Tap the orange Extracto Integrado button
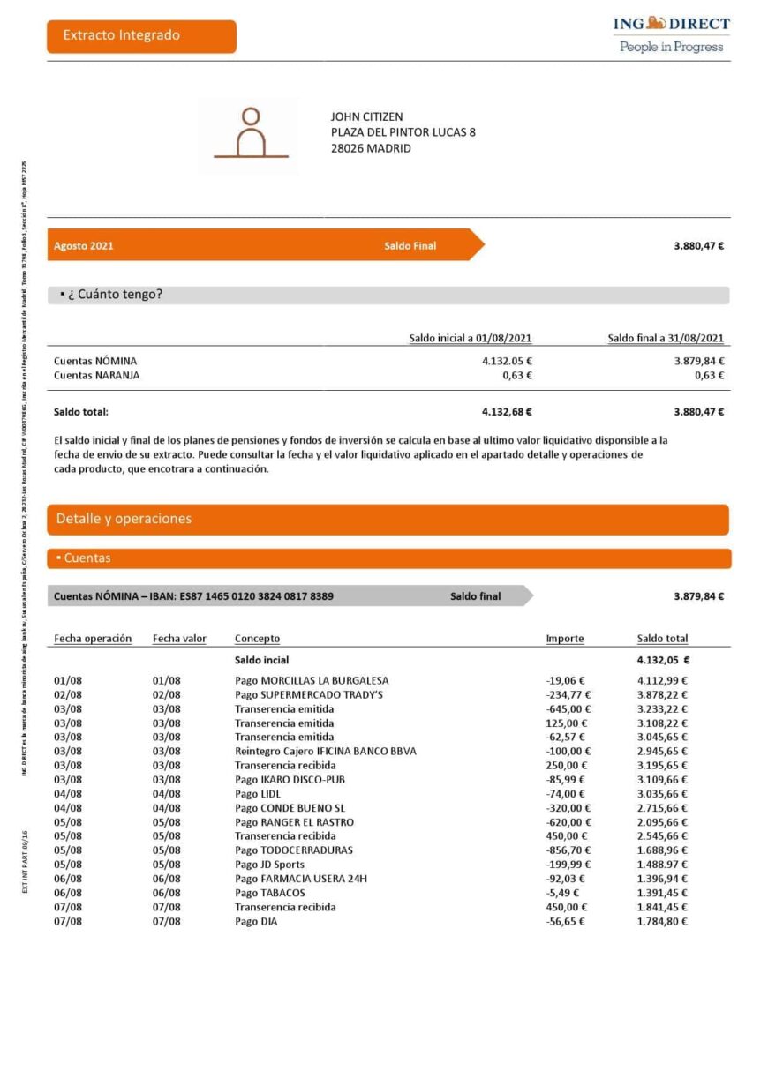click(141, 36)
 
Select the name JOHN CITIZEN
click(366, 116)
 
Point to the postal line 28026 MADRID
click(371, 148)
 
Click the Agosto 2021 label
click(84, 246)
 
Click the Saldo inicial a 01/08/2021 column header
click(470, 338)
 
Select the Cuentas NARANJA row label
click(96, 375)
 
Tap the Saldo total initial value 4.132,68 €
click(507, 411)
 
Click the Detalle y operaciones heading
click(124, 519)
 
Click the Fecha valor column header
click(179, 639)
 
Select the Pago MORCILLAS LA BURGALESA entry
click(312, 680)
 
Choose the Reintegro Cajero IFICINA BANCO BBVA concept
click(325, 751)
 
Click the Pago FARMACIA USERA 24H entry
click(300, 879)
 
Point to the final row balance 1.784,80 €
click(662, 921)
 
